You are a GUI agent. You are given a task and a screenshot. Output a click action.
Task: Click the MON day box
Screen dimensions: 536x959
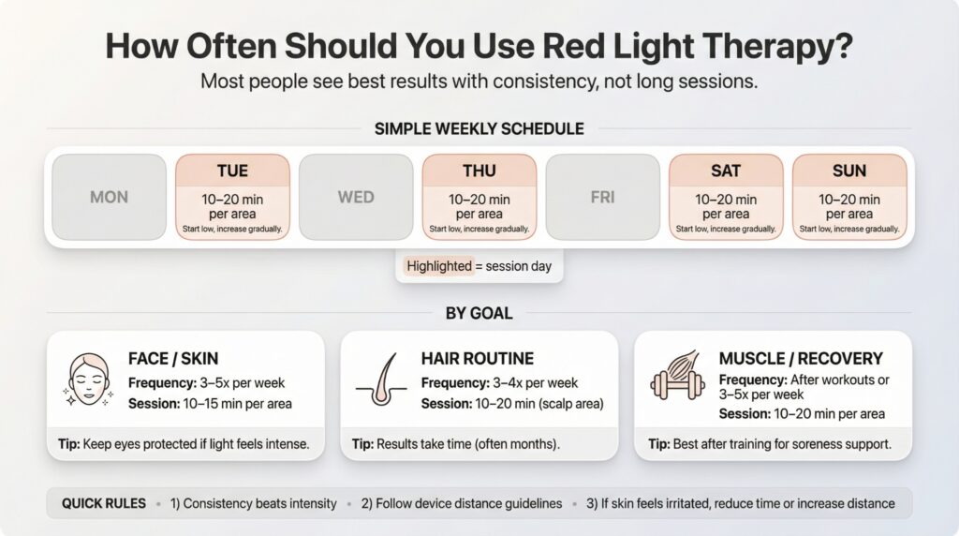[x=109, y=198]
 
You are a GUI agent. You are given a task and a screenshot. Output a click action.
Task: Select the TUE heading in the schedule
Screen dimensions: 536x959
[x=232, y=171]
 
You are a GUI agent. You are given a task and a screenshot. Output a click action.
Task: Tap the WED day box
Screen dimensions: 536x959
[x=356, y=198]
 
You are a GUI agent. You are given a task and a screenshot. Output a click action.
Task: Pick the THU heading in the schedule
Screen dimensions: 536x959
[x=479, y=171]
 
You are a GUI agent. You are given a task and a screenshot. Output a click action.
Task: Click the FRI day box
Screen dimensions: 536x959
[x=602, y=198]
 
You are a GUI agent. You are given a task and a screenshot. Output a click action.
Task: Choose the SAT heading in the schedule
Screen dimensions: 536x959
[x=726, y=171]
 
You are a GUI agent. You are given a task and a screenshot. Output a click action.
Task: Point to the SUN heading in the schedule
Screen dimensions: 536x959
[x=849, y=171]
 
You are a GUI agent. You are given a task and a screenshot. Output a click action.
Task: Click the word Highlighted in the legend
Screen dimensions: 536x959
[x=438, y=266]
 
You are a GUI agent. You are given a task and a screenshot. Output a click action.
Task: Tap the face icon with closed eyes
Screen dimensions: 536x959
[x=85, y=380]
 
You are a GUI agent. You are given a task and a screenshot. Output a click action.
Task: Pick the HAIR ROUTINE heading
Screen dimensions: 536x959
[x=478, y=358]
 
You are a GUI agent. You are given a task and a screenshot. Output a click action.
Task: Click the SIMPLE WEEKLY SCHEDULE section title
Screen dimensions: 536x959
[x=479, y=129]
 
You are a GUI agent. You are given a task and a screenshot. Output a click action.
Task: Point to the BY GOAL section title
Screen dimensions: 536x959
[x=479, y=313]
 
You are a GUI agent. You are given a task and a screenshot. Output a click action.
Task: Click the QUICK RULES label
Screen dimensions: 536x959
[x=104, y=503]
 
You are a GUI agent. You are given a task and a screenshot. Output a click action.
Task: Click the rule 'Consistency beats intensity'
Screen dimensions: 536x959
[x=254, y=503]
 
